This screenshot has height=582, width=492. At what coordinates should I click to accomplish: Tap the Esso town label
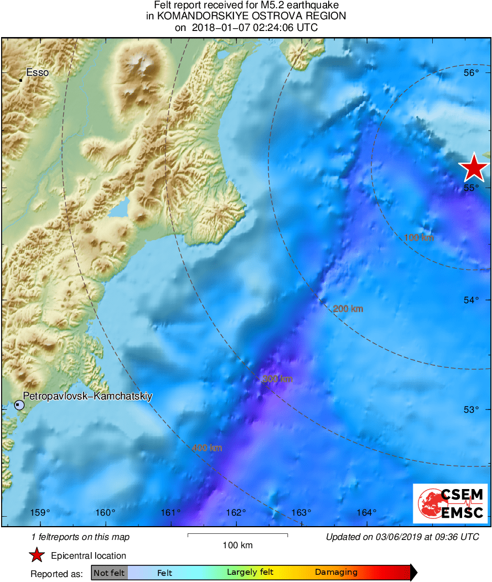click(38, 72)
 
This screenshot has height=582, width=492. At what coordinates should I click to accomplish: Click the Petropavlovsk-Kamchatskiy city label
click(87, 396)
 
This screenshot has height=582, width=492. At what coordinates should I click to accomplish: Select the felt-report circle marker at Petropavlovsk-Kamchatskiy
click(19, 405)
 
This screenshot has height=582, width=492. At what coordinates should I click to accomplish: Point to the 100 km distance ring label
click(419, 238)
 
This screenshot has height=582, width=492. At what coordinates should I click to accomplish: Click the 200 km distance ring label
click(348, 309)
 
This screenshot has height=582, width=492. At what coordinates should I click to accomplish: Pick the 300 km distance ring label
click(277, 379)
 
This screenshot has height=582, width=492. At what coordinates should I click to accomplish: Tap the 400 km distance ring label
click(207, 448)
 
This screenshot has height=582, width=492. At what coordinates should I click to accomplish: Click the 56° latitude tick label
click(471, 73)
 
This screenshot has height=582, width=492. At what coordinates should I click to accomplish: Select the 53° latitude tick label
click(471, 409)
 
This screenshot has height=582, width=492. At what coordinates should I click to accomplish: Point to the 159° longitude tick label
click(40, 512)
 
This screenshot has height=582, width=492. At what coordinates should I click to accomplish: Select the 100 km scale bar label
click(237, 545)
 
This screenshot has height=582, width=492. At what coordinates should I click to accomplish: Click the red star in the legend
click(37, 555)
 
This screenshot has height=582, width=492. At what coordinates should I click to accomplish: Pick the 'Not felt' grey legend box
click(109, 573)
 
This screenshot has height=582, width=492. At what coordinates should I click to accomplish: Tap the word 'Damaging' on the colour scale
click(336, 573)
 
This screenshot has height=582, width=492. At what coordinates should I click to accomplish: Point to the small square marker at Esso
click(20, 80)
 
